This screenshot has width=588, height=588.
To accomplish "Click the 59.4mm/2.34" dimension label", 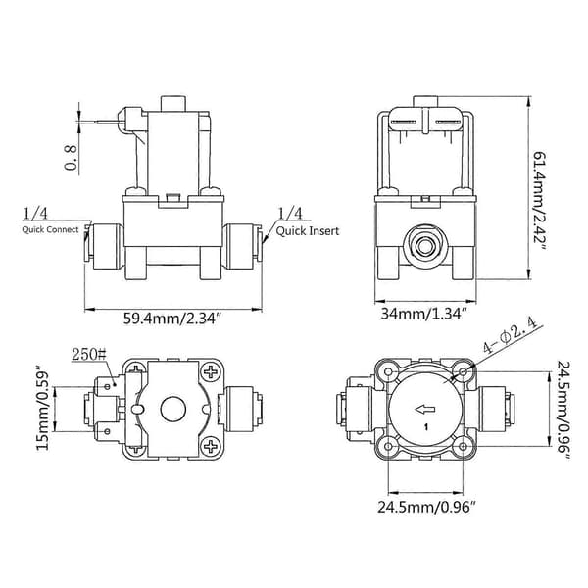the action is click(x=171, y=318).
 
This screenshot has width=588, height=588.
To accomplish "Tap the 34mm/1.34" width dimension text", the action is click(x=423, y=314).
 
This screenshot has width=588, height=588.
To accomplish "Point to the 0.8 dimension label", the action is click(x=71, y=158).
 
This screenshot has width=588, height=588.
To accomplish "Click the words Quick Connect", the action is click(x=50, y=230).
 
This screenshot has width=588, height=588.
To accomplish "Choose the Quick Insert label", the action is click(x=308, y=231).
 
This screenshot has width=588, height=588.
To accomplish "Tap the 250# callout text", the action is click(x=89, y=354).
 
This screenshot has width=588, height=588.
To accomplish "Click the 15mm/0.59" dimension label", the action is click(x=43, y=410).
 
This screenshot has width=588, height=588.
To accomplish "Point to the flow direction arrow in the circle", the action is click(x=425, y=409).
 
